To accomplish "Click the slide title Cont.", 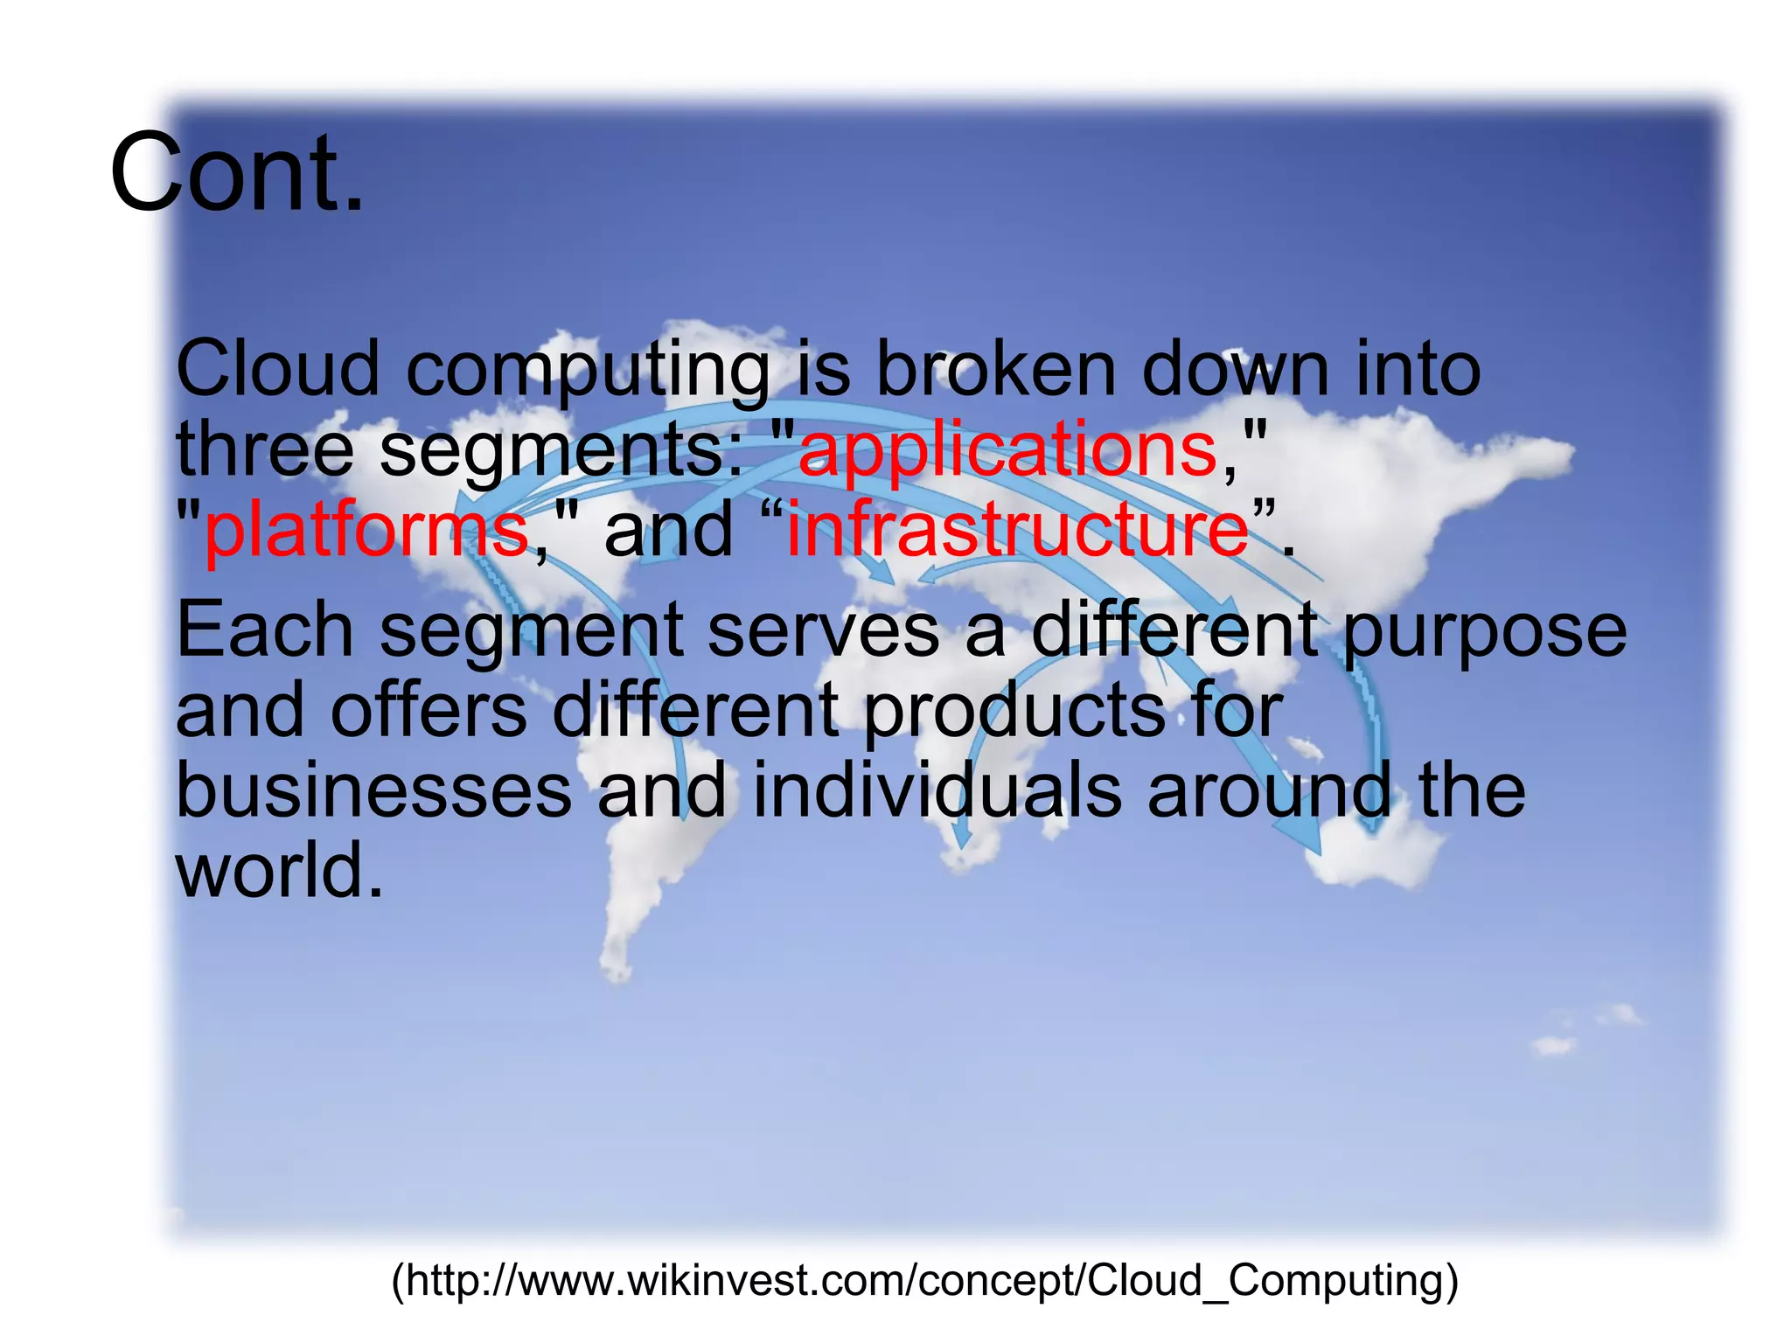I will pyautogui.click(x=236, y=172).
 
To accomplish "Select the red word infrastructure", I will pyautogui.click(x=1017, y=529).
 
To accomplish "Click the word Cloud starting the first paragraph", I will pyautogui.click(x=277, y=369).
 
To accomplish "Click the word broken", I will pyautogui.click(x=995, y=369).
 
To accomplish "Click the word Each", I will pyautogui.click(x=264, y=630).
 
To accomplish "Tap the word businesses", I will pyautogui.click(x=373, y=790).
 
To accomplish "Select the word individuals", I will pyautogui.click(x=937, y=790).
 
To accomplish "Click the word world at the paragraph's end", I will pyautogui.click(x=279, y=871).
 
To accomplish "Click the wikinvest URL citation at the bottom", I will pyautogui.click(x=924, y=1280).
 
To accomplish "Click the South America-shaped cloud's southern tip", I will pyautogui.click(x=617, y=966).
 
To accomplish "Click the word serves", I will pyautogui.click(x=822, y=630).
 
